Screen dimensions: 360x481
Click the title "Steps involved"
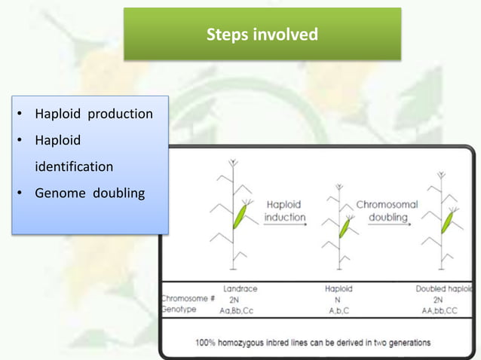click(x=262, y=35)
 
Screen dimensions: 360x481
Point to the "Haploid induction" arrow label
click(x=285, y=210)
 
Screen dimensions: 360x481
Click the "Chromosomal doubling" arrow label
click(x=387, y=210)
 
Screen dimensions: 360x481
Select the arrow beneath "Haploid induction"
click(x=285, y=226)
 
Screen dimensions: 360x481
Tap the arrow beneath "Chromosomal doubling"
click(x=388, y=226)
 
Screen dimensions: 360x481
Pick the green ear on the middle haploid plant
click(x=345, y=226)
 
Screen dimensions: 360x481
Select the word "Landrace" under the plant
click(x=240, y=288)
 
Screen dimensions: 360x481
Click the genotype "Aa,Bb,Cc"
click(x=240, y=310)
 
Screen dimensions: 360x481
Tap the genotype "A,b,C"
click(x=338, y=310)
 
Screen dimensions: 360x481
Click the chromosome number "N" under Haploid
click(x=338, y=298)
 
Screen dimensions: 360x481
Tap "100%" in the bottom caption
click(x=206, y=342)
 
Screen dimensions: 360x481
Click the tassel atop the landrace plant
click(x=233, y=162)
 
